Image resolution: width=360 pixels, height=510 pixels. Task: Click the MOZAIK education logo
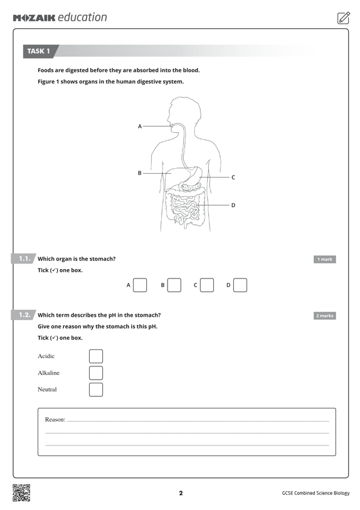click(x=60, y=18)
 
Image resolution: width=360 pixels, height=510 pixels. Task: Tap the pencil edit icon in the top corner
click(x=343, y=18)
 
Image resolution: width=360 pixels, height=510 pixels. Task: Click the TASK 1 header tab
click(x=39, y=51)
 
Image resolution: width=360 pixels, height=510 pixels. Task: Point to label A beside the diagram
click(x=139, y=127)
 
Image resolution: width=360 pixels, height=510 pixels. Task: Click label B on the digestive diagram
click(x=139, y=173)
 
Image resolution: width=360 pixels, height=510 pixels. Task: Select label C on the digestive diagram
click(x=233, y=178)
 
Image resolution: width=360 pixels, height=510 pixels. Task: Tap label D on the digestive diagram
click(x=233, y=205)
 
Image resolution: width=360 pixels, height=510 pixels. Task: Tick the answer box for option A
click(x=140, y=285)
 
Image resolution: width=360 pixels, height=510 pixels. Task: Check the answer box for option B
click(x=174, y=285)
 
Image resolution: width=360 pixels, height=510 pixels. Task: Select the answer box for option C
click(x=207, y=285)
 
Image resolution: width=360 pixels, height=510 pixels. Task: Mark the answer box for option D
click(x=240, y=285)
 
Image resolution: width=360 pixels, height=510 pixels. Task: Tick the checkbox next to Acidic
click(x=96, y=356)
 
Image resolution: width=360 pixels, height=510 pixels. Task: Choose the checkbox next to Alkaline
click(x=96, y=373)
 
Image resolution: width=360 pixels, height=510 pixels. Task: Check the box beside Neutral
click(x=96, y=390)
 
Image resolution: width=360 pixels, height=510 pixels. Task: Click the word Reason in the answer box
click(x=55, y=419)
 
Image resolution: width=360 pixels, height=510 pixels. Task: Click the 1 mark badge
click(x=324, y=259)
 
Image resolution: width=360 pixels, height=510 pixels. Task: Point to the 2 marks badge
click(x=324, y=316)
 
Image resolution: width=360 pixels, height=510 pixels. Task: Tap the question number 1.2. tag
click(x=24, y=315)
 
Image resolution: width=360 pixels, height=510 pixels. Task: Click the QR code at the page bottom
click(x=21, y=493)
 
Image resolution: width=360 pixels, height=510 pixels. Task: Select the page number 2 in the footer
click(x=181, y=493)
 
